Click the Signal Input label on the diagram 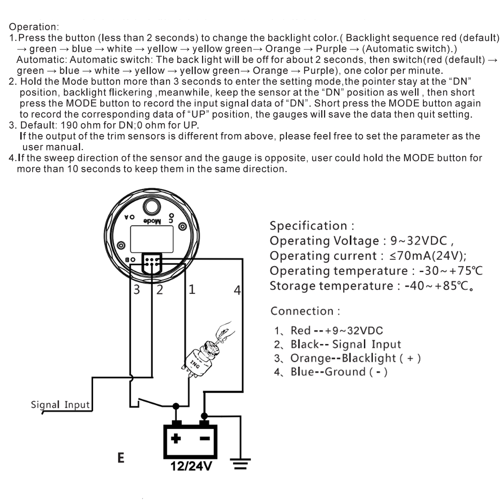(x=60, y=405)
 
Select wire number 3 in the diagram (x=137, y=290)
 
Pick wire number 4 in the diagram (x=237, y=290)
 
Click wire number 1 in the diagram (x=192, y=290)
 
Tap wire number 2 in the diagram (x=159, y=290)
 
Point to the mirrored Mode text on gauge (x=152, y=221)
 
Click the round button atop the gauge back (x=151, y=207)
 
